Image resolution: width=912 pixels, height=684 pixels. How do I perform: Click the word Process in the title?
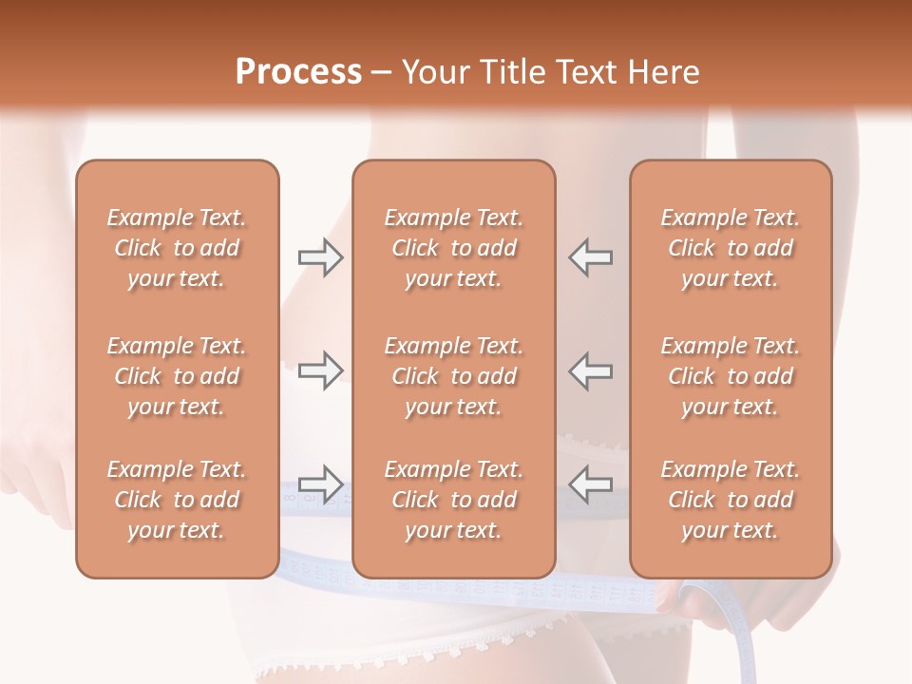pyautogui.click(x=298, y=72)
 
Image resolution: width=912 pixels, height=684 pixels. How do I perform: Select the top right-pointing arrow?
pyautogui.click(x=320, y=257)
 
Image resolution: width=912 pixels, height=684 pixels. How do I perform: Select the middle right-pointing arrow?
pyautogui.click(x=320, y=370)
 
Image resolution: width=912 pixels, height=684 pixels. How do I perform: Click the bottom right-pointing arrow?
pyautogui.click(x=320, y=484)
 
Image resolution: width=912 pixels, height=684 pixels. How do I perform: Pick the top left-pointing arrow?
pyautogui.click(x=590, y=257)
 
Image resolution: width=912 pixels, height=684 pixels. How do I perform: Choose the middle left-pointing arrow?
pyautogui.click(x=590, y=370)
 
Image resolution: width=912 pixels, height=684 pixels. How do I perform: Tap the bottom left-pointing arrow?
pyautogui.click(x=590, y=484)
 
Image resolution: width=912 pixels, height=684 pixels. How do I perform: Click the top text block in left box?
pyautogui.click(x=177, y=248)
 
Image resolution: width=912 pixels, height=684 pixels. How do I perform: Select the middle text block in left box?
pyautogui.click(x=177, y=376)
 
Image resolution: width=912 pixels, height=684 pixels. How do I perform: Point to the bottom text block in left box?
pyautogui.click(x=177, y=500)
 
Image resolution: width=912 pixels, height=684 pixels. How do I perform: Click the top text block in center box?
pyautogui.click(x=453, y=248)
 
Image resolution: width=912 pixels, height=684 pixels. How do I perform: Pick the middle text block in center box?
pyautogui.click(x=453, y=376)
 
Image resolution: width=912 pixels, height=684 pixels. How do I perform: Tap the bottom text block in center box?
pyautogui.click(x=453, y=500)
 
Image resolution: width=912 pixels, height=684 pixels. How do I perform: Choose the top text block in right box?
pyautogui.click(x=730, y=248)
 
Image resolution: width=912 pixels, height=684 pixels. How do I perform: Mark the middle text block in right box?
pyautogui.click(x=730, y=376)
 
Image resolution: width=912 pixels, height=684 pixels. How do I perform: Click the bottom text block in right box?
pyautogui.click(x=730, y=500)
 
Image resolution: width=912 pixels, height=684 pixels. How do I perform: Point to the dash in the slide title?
pyautogui.click(x=381, y=73)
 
